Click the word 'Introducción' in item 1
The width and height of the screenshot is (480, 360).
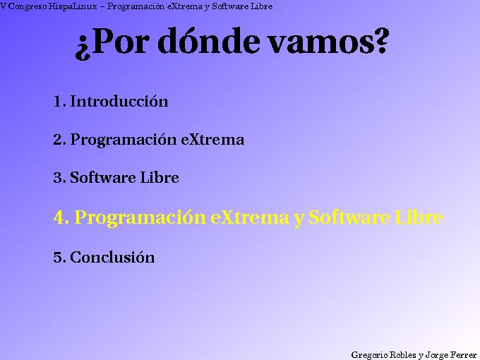click(x=119, y=101)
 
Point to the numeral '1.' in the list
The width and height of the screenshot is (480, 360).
click(x=59, y=101)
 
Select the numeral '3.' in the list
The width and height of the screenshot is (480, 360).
click(x=59, y=178)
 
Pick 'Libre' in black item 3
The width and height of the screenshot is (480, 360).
click(x=159, y=178)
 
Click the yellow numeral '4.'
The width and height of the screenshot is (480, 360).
click(x=61, y=218)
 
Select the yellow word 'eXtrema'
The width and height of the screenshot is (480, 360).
click(x=250, y=218)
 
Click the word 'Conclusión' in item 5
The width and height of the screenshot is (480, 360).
click(x=112, y=258)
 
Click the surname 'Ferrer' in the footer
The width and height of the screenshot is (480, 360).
click(x=463, y=354)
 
